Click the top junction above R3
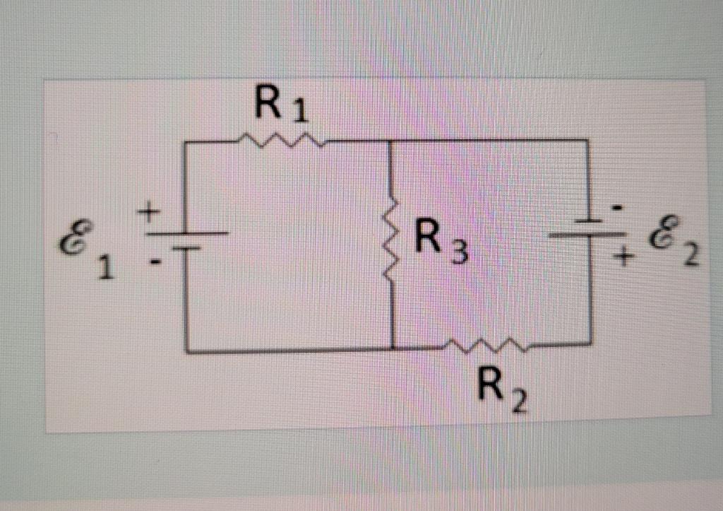pyautogui.click(x=391, y=141)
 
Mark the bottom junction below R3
pyautogui.click(x=393, y=348)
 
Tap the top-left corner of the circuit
pyautogui.click(x=186, y=143)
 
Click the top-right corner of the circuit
pyautogui.click(x=587, y=141)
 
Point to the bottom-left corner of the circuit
pyautogui.click(x=187, y=349)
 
